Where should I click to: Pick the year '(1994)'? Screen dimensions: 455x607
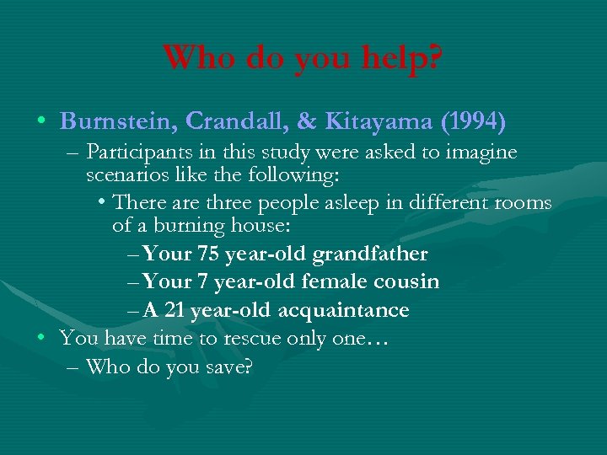(472, 122)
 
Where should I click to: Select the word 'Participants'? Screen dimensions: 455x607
(137, 153)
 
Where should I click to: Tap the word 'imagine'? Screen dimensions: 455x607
(481, 153)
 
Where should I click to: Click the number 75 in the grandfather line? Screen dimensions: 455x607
(209, 254)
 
